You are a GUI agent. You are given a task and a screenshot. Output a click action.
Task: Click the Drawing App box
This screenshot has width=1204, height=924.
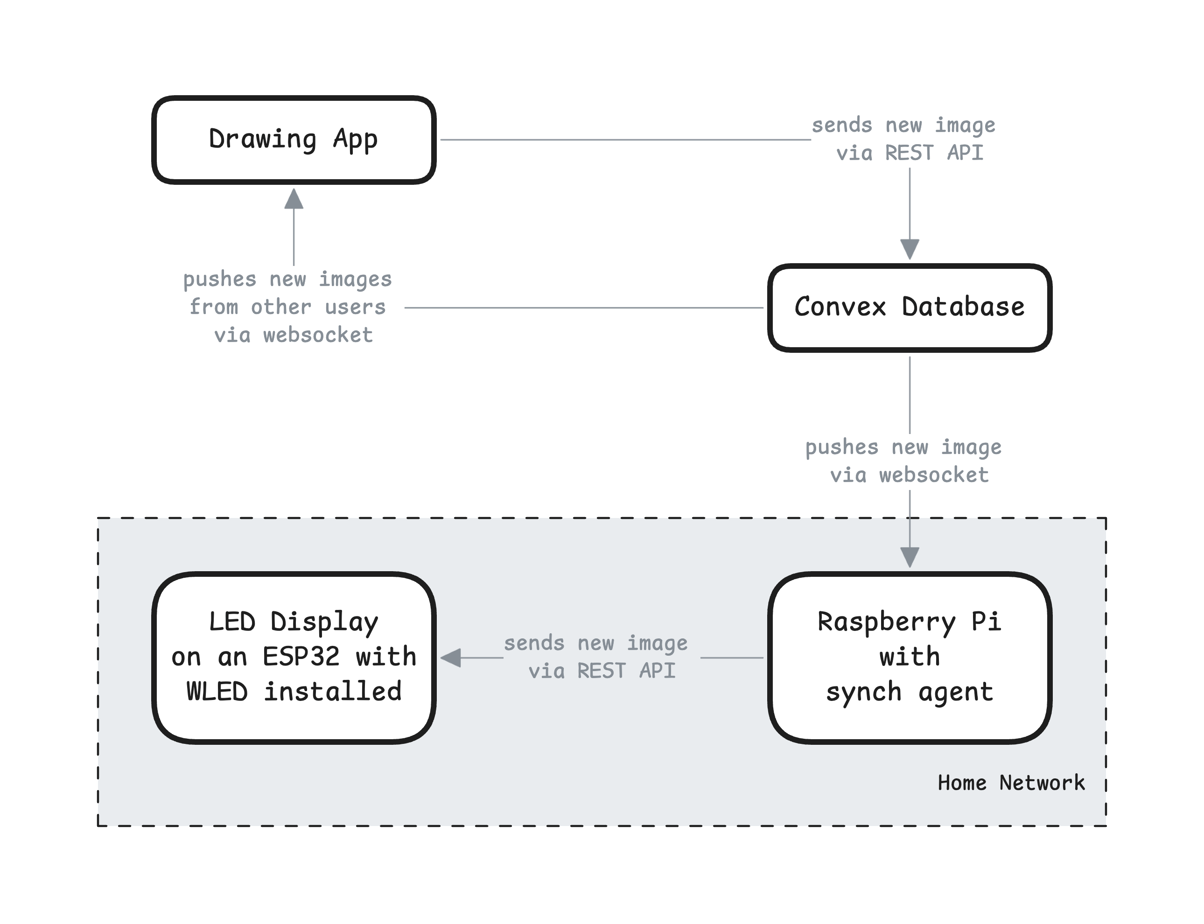[294, 140]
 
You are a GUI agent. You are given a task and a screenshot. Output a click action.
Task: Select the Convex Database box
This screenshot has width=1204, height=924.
[909, 308]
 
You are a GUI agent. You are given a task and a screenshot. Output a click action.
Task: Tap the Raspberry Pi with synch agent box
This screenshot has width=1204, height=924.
[909, 657]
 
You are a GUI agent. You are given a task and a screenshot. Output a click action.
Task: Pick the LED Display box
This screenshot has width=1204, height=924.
[294, 657]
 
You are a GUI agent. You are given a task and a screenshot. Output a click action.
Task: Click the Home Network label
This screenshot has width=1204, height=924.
[1011, 782]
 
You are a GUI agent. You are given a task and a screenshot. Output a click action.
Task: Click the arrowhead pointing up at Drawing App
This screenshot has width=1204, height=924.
[294, 198]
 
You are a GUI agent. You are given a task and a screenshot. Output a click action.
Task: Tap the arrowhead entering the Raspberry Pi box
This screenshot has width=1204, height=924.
[910, 557]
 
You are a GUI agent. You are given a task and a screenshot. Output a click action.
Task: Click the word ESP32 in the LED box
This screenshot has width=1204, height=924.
[301, 656]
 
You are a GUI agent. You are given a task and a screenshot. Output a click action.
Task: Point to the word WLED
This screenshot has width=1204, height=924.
[217, 691]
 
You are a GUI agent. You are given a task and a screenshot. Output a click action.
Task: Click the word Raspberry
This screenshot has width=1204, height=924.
[886, 622]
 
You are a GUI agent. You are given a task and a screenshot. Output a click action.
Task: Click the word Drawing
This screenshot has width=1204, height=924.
[263, 139]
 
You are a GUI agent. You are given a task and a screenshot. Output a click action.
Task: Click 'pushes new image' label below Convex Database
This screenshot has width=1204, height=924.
[903, 447]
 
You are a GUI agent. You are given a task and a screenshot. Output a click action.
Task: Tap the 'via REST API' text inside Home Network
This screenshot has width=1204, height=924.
[602, 671]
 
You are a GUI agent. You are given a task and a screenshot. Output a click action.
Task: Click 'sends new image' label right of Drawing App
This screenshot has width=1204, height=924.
[903, 126]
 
